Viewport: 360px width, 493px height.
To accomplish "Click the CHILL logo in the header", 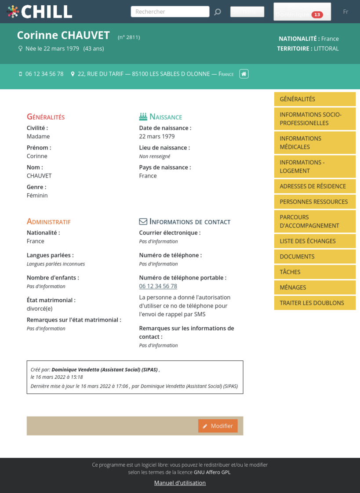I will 40,12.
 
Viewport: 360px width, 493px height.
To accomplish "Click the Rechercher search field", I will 170,12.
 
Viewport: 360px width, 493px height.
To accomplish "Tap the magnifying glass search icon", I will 218,12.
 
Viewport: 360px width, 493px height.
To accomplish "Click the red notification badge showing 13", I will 317,15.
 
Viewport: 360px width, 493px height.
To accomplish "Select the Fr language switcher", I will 345,12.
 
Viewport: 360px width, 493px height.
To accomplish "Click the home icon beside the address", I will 244,74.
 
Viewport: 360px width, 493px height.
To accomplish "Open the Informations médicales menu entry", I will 314,143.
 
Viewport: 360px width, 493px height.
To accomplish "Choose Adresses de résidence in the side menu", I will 314,186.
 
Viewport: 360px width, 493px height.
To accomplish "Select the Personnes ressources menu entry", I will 314,202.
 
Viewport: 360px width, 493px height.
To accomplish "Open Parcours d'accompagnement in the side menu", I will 314,221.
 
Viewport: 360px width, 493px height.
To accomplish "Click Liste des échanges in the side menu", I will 314,241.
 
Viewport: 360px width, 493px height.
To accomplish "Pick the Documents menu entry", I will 314,257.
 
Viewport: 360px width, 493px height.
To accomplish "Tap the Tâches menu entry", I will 314,272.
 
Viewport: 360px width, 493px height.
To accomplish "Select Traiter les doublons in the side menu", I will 314,303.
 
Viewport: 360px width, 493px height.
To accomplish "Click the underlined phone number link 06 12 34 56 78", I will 158,286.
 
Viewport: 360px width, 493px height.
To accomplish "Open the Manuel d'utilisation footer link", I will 180,483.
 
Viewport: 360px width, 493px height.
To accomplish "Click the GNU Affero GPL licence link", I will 212,472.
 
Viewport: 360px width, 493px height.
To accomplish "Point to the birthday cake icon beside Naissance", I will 143,116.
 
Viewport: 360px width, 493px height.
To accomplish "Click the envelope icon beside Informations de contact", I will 143,221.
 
